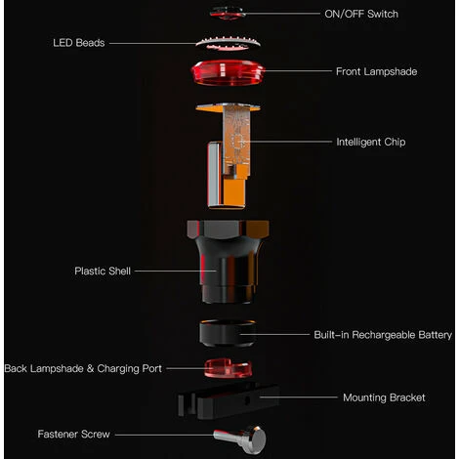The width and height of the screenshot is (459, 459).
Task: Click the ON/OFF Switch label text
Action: coord(360,14)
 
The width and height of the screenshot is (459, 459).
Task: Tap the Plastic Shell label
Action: coord(102,271)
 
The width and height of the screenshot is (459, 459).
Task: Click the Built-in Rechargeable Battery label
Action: coord(383,334)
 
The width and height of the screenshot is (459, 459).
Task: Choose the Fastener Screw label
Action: coord(74,434)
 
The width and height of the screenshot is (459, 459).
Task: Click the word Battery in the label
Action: coord(431,334)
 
